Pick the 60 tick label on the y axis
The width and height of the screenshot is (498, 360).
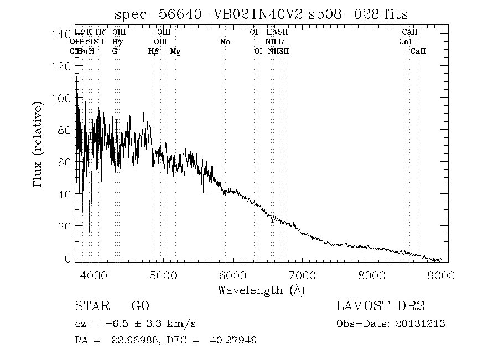tap(64, 163)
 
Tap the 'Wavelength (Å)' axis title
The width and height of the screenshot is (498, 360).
tap(261, 289)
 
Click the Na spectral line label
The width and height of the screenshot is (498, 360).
tap(225, 42)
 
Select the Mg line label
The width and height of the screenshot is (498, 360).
tap(175, 52)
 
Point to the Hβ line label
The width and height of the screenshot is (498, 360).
tap(153, 52)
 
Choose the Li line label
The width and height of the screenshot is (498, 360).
tap(282, 42)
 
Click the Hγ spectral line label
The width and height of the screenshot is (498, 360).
tap(117, 42)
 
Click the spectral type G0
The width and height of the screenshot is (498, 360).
tap(139, 306)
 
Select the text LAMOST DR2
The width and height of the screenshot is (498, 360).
tap(380, 306)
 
